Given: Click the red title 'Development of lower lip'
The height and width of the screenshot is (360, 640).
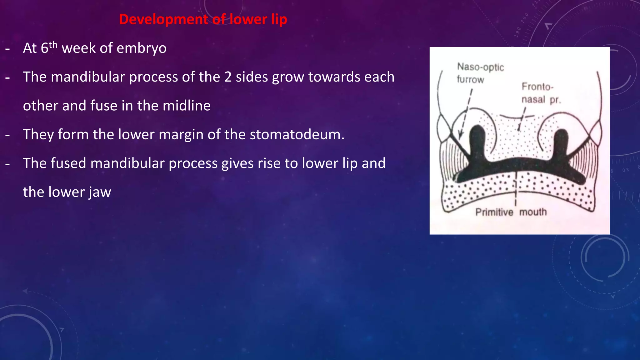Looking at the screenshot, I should [x=203, y=19].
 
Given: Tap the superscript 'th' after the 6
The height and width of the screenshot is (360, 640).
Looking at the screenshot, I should [x=53, y=45].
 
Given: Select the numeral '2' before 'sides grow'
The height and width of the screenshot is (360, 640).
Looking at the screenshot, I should [x=228, y=77].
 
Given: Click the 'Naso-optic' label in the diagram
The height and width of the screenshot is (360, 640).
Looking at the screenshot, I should [x=480, y=67].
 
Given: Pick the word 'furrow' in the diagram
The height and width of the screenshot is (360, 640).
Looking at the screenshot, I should [x=470, y=79].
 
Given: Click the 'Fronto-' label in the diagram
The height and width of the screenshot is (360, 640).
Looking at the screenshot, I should [x=537, y=86].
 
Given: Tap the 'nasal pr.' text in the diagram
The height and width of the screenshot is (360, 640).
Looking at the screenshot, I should [x=541, y=100].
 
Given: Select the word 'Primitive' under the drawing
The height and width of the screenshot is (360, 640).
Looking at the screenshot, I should [x=494, y=212].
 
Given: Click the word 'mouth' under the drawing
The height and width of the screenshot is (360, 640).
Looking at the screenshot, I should [x=533, y=212].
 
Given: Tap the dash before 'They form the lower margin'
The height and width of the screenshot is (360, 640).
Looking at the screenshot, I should [x=7, y=135].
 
